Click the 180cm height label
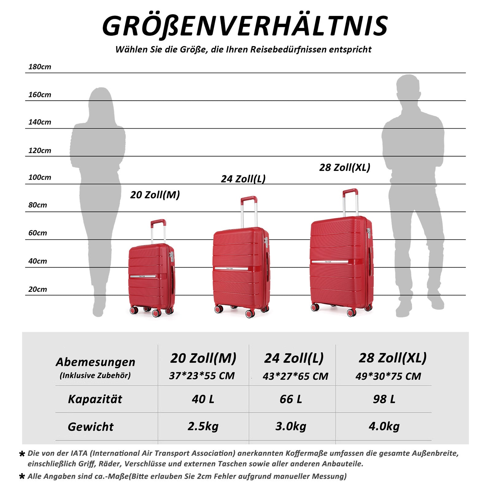coord(40,67)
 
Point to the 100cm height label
coord(40,177)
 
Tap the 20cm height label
coord(37,289)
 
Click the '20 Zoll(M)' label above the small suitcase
coord(155,195)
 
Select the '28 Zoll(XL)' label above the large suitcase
coord(345,168)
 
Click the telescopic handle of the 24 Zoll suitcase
coord(249,212)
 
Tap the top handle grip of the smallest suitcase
coord(158,222)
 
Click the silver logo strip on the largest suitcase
coord(330,262)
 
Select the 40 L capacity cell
coord(203,399)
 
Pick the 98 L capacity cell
coord(384,399)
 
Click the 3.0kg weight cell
coord(291,426)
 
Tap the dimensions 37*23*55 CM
coord(202,376)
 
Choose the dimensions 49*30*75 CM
coord(388,376)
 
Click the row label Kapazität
coord(95,399)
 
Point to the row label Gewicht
coord(91,427)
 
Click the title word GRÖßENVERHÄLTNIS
coord(245,26)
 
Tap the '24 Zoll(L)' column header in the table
coord(294,358)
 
